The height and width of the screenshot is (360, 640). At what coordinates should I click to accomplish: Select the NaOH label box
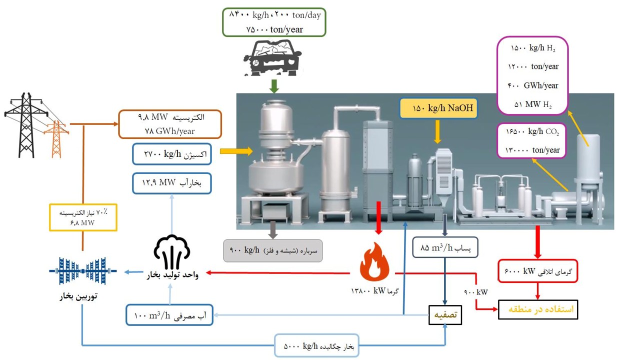(438, 108)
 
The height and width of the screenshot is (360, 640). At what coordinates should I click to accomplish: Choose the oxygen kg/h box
(172, 154)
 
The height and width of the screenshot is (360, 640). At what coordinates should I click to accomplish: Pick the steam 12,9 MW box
(172, 183)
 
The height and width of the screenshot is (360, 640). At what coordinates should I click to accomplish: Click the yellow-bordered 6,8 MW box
(83, 217)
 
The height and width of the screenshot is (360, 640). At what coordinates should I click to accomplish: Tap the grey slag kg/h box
(272, 249)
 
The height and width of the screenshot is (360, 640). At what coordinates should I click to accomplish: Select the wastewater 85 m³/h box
(445, 247)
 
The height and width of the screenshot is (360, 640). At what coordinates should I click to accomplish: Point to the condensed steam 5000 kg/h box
(316, 345)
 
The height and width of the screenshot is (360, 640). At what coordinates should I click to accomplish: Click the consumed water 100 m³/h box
(169, 315)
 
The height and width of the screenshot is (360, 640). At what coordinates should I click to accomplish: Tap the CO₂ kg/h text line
(531, 132)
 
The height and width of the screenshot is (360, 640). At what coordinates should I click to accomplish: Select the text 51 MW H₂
(532, 104)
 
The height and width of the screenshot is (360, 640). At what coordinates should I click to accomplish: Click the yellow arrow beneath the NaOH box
(438, 133)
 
